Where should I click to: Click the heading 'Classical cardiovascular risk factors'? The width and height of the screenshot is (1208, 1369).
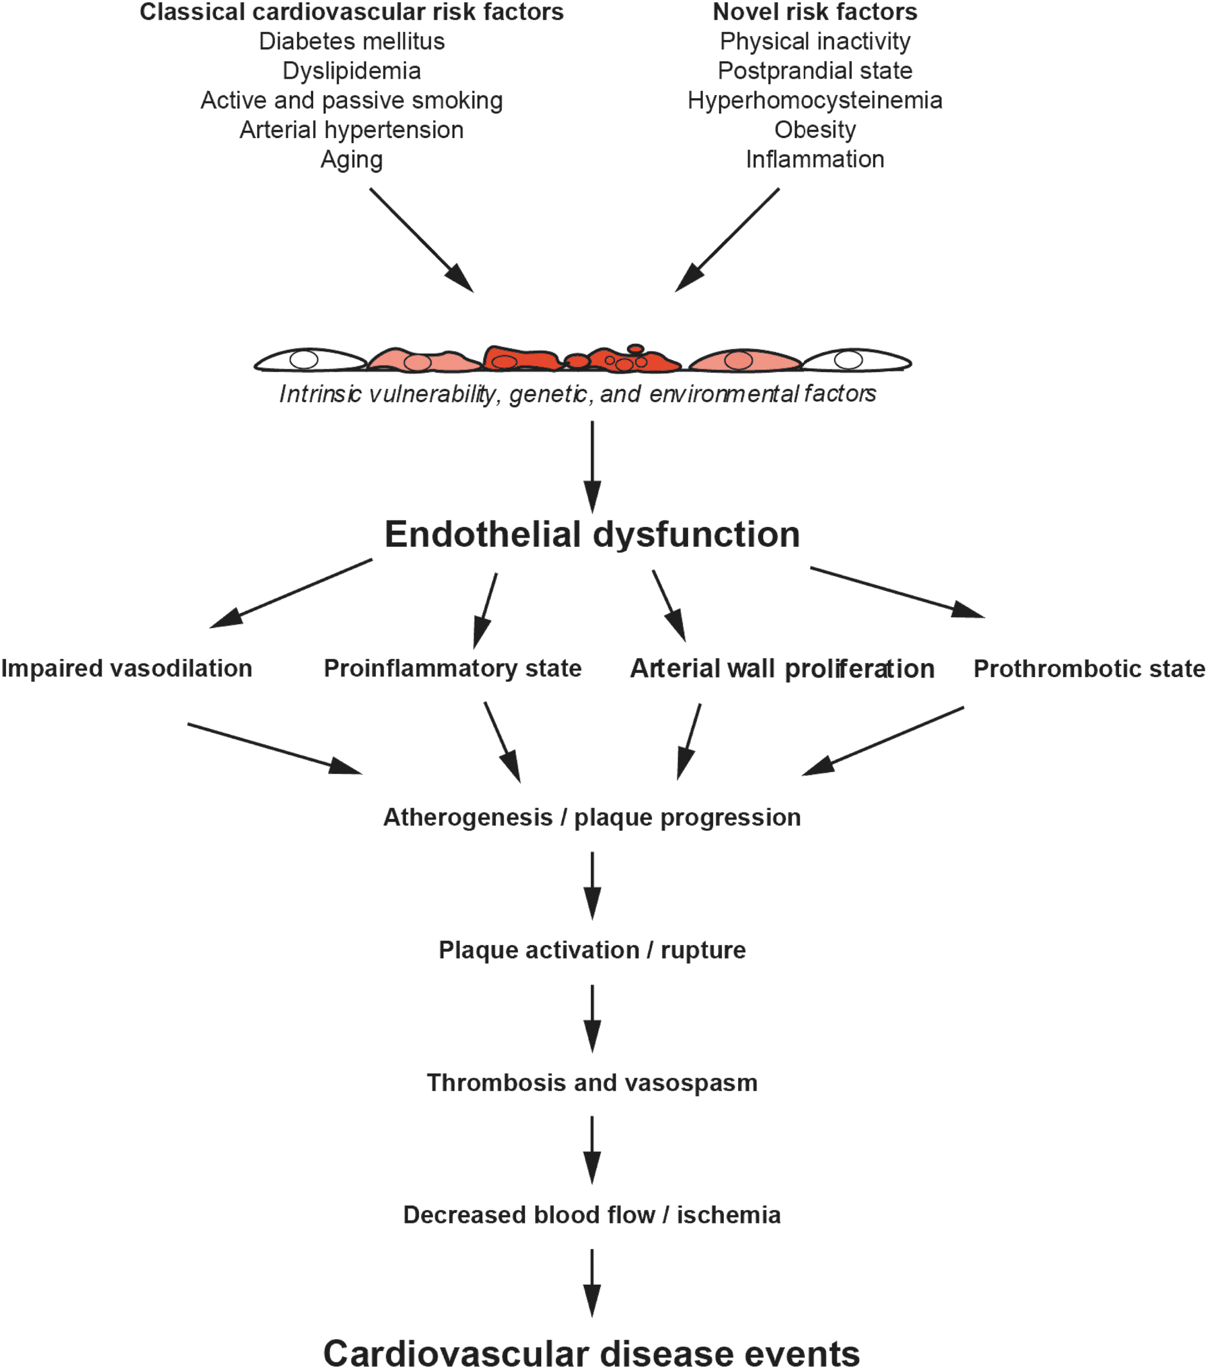352,12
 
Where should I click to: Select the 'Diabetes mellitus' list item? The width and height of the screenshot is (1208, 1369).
352,41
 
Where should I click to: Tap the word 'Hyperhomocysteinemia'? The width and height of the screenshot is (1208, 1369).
815,100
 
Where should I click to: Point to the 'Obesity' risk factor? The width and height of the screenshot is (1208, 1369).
815,130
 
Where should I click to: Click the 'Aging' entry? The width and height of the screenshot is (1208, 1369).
352,160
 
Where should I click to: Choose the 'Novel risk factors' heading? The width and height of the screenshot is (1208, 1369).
815,12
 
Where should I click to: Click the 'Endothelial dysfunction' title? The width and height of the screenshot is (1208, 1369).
592,534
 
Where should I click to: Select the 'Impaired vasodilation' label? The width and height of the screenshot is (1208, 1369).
126,669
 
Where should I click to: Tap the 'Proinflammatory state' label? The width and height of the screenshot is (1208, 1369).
453,669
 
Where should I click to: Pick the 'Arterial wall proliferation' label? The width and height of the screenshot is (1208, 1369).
782,669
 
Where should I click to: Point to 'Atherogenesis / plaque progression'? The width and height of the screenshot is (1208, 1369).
592,818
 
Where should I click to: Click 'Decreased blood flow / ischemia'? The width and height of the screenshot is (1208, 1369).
592,1215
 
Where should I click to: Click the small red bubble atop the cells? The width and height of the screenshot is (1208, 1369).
635,348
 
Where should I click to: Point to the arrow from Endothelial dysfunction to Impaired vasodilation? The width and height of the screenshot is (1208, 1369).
291,593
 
